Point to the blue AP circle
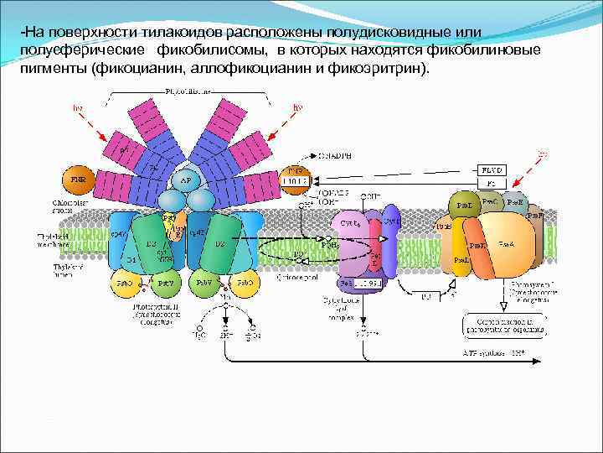186,179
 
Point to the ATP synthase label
493,354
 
